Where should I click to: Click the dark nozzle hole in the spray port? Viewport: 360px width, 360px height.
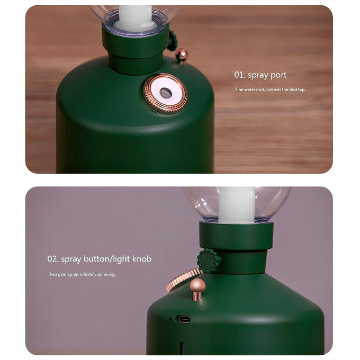point(166,93)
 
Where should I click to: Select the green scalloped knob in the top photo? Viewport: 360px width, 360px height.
point(172,41)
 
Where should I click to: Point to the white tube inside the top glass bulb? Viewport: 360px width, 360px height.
point(135,17)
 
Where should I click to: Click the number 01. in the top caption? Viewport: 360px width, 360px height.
point(240,75)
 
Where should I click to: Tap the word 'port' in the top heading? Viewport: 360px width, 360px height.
point(278,75)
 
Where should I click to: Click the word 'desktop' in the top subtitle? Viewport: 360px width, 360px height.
point(297,89)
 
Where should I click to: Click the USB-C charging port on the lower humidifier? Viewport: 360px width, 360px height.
point(183,319)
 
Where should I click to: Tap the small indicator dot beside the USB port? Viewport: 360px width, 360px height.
point(170,319)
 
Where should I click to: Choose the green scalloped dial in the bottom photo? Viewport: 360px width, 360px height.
point(209,261)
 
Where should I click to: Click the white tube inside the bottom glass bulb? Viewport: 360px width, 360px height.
point(237,205)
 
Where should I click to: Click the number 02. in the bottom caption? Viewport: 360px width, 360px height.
point(52,259)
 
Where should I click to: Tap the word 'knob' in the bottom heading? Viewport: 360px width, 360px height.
point(142,259)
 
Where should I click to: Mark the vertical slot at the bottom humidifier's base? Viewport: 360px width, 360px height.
point(182,348)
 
